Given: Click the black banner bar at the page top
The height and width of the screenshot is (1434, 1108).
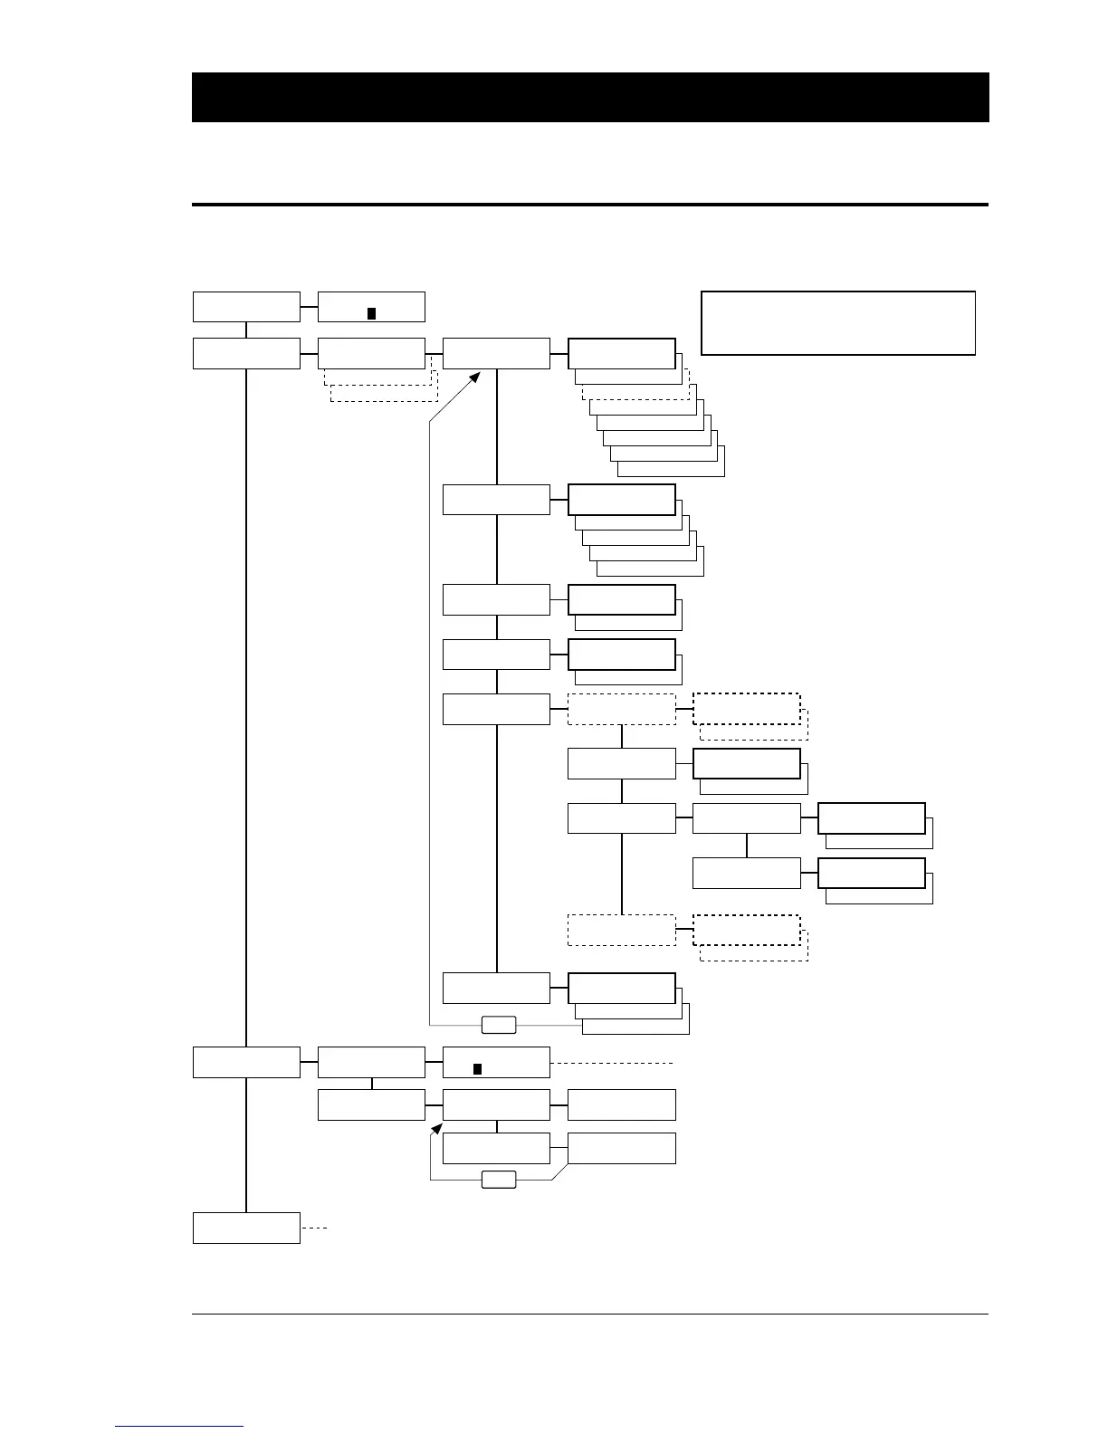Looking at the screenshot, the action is [589, 97].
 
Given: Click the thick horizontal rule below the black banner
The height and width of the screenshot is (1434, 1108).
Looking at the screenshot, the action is [589, 205].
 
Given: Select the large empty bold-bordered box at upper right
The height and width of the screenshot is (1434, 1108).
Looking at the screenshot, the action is [838, 323].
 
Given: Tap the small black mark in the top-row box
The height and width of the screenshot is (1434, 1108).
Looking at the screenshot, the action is [371, 313].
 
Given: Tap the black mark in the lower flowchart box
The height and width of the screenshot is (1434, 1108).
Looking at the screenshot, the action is [477, 1068].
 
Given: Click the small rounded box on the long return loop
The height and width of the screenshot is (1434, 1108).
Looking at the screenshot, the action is [498, 1025].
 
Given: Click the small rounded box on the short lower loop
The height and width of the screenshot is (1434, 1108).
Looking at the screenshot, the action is [498, 1180].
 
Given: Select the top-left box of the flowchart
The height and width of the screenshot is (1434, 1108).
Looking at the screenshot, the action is [246, 307].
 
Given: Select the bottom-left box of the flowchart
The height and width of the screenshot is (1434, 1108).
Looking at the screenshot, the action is [246, 1228].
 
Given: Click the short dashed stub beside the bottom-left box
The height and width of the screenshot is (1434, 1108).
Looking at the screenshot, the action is [314, 1228].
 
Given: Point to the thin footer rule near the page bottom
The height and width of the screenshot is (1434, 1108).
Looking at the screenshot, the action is [589, 1314].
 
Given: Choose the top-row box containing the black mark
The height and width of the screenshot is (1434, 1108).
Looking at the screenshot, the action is [371, 307].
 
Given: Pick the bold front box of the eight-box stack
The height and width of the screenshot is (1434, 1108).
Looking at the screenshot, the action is [621, 353].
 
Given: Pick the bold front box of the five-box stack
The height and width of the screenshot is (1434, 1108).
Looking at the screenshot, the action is [621, 499].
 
